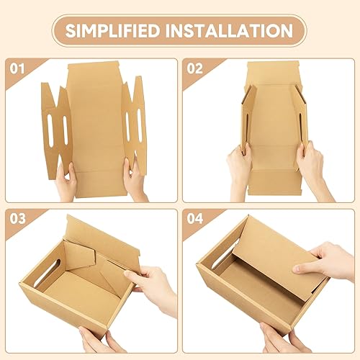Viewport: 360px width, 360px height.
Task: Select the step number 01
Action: tap(16, 70)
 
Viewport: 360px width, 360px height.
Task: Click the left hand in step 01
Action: tap(66, 182)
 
